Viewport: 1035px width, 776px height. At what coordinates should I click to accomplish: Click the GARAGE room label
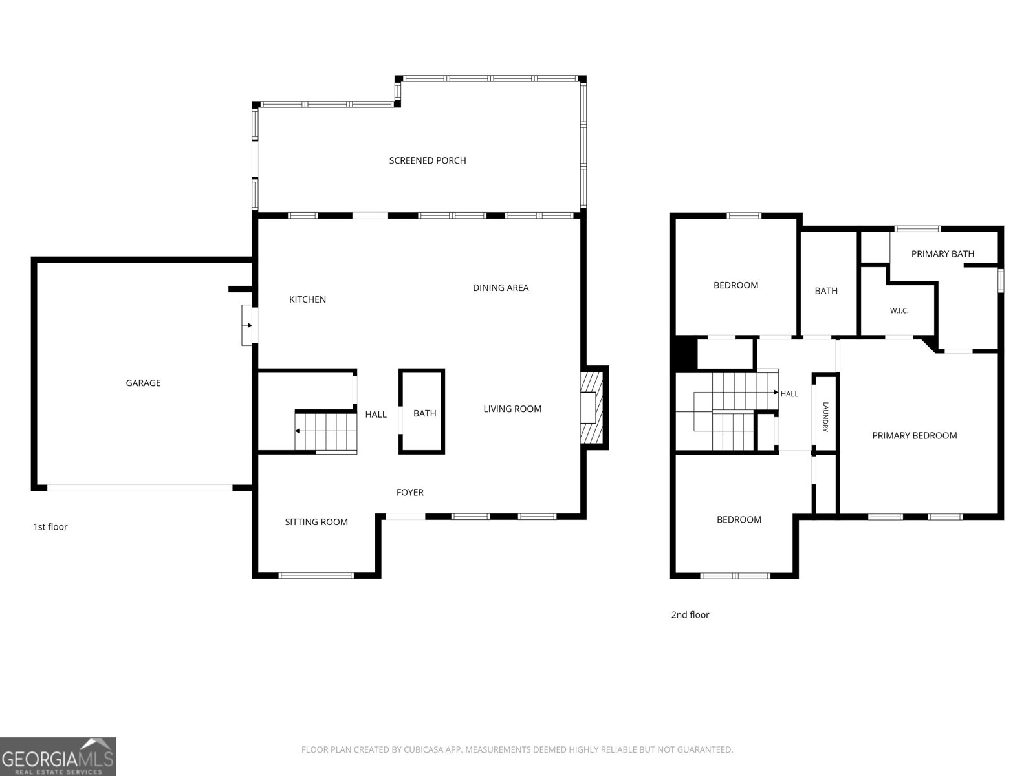tap(143, 383)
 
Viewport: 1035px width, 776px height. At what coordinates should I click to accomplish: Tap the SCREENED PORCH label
tap(427, 160)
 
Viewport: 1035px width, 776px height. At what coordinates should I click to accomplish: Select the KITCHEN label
tap(307, 299)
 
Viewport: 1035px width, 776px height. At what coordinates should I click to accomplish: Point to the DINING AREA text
tap(501, 288)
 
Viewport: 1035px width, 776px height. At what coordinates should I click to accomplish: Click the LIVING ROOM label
tap(512, 409)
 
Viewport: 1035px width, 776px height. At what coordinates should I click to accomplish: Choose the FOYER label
tap(409, 492)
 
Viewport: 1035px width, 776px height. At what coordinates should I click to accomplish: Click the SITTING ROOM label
tap(316, 522)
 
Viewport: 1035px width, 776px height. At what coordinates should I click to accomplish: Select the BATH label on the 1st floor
tap(424, 413)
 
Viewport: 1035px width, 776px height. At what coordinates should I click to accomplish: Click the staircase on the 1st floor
tap(326, 432)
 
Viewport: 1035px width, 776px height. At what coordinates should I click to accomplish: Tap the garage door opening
tap(140, 488)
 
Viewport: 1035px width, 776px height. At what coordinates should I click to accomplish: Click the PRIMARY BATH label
tap(942, 254)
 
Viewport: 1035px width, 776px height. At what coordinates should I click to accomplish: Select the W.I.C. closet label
tap(899, 311)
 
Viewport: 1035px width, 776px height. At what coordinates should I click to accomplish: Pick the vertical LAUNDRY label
tap(825, 416)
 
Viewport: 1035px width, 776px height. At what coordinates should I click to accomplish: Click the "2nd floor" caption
tap(690, 615)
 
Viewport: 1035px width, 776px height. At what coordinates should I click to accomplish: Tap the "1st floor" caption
tap(50, 527)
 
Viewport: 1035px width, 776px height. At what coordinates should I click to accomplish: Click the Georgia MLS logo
tap(58, 756)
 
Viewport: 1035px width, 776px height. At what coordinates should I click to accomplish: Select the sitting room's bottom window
tap(316, 576)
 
